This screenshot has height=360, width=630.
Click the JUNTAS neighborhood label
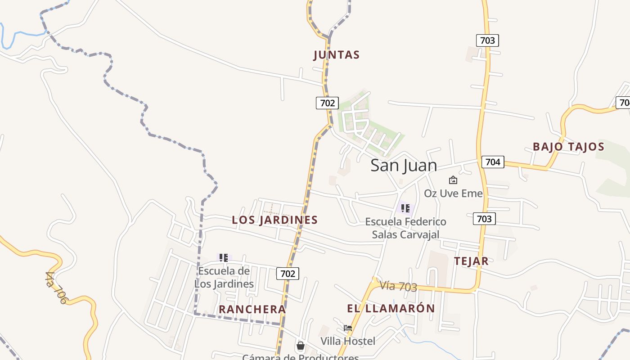tap(337, 55)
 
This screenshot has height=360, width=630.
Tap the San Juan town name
tap(404, 165)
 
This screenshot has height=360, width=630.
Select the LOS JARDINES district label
tap(274, 220)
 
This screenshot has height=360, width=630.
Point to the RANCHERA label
tap(252, 309)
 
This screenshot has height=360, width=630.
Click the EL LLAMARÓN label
tap(391, 308)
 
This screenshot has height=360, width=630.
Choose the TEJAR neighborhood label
tap(471, 261)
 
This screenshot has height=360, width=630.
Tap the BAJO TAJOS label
tap(568, 147)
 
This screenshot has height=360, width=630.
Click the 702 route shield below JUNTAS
tap(327, 103)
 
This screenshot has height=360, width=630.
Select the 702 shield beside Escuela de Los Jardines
tap(288, 273)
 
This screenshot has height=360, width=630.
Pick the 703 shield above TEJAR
tap(484, 219)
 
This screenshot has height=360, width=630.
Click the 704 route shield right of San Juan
tap(493, 162)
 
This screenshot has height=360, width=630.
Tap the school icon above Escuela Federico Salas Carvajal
tap(405, 208)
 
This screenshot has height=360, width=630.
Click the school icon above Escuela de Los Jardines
tap(224, 258)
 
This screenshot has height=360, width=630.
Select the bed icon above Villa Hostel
tap(347, 328)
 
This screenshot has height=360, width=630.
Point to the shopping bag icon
tap(300, 346)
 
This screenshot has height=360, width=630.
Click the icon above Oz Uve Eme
tap(453, 180)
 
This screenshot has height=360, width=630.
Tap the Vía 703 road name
tap(398, 286)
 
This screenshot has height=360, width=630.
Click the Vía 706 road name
tap(56, 288)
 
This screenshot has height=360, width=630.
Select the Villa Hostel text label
tap(347, 341)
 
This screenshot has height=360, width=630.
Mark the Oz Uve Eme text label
tap(453, 193)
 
